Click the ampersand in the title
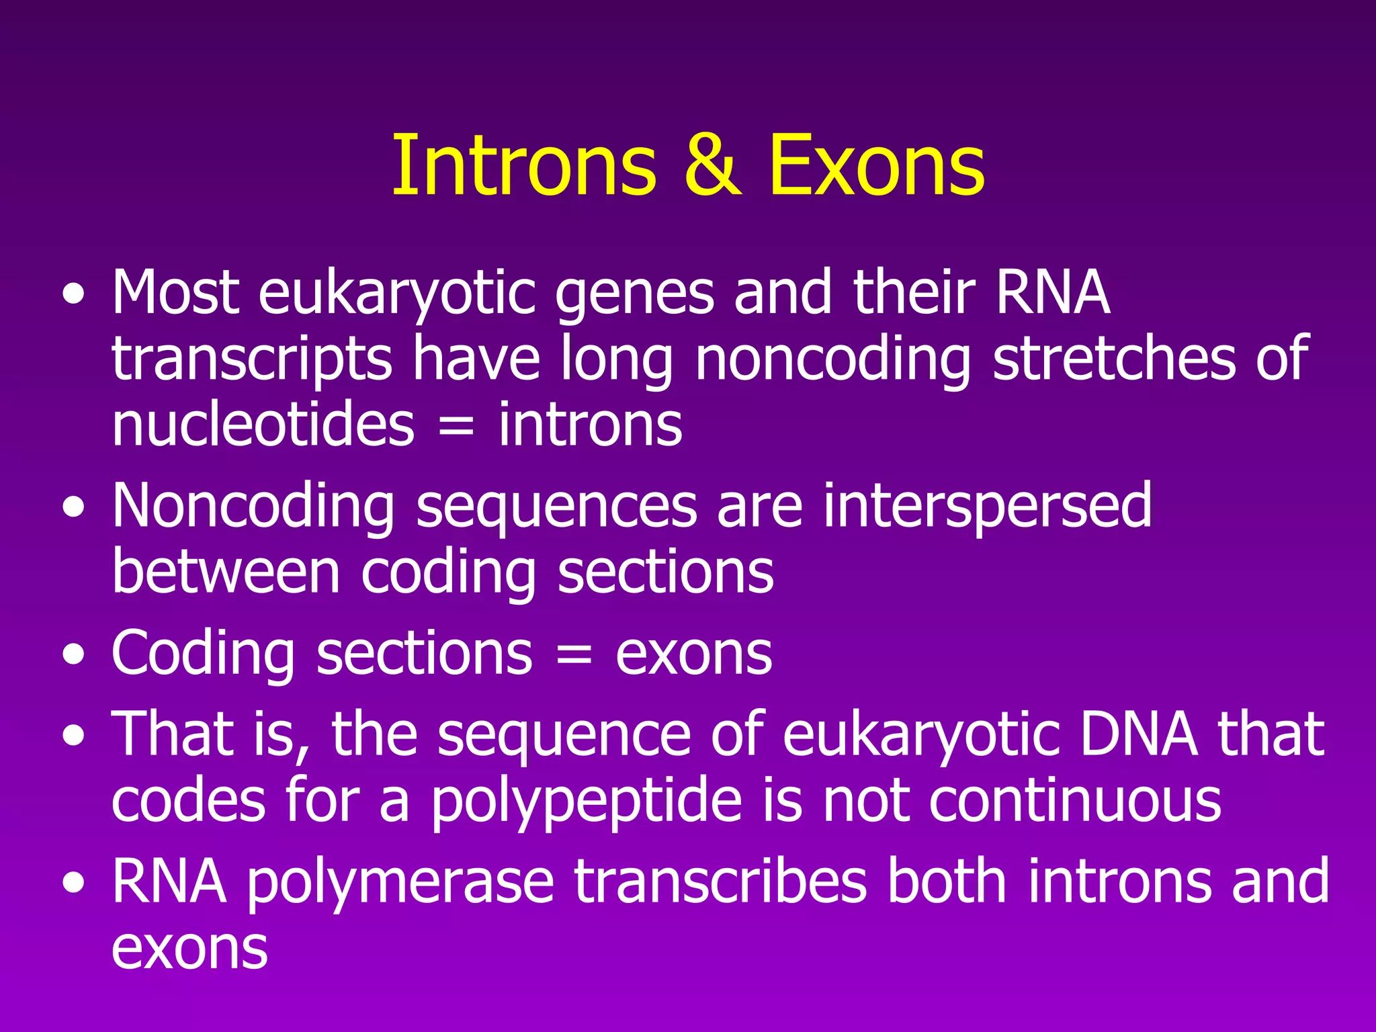click(713, 165)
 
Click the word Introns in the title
click(523, 165)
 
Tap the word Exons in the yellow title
click(876, 165)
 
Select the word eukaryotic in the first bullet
click(396, 294)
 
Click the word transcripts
click(252, 359)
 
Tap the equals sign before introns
click(456, 427)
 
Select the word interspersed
click(988, 507)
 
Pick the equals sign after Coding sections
click(574, 654)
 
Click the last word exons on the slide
click(190, 949)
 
